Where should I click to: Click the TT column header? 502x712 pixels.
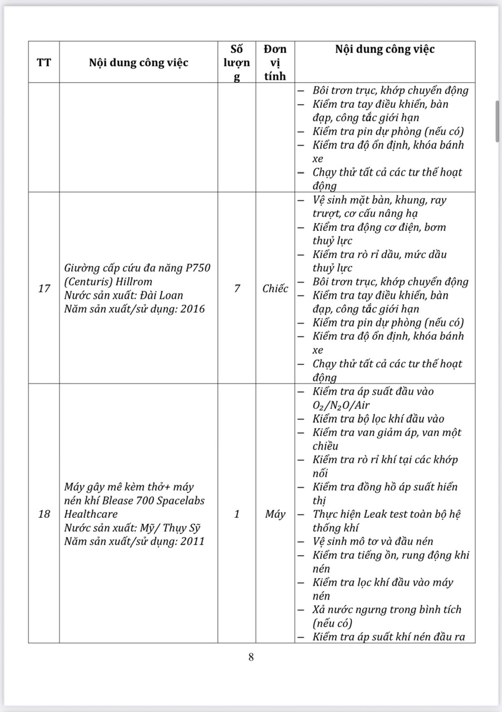pos(44,62)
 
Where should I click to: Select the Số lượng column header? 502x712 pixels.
pos(237,62)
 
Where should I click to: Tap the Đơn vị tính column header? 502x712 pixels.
pos(275,62)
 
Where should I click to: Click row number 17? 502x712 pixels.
pos(44,288)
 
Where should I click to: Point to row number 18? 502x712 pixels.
pos(44,513)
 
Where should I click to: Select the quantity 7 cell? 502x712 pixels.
pos(237,288)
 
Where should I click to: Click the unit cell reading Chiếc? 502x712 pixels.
pos(275,288)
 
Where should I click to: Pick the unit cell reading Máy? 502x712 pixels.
pos(275,513)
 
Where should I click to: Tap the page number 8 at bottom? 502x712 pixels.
pos(251,657)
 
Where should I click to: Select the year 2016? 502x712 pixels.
pos(192,308)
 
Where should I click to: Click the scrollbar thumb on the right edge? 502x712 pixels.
pos(498,121)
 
